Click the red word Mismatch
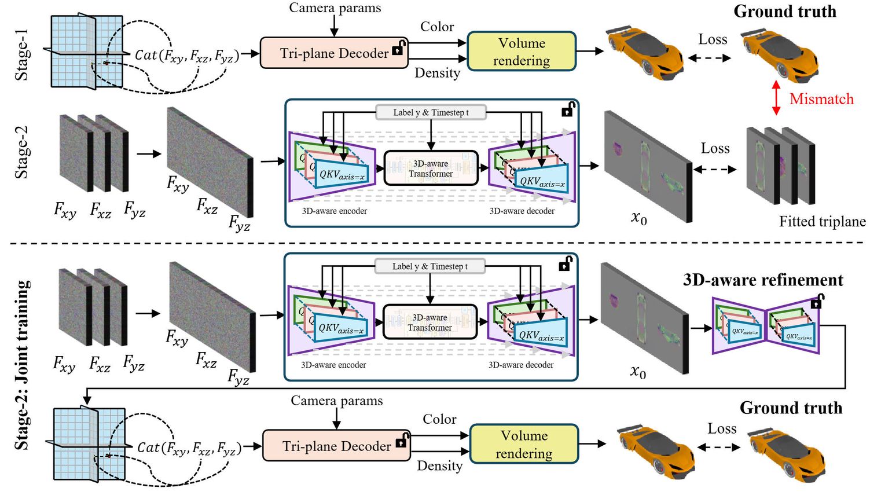821,99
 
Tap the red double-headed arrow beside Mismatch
776,98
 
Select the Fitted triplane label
822,222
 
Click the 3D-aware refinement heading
763,280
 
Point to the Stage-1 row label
21,55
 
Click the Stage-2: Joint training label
22,365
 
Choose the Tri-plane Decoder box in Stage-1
334,53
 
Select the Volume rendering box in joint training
524,444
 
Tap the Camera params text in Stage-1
335,8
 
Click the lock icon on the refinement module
817,302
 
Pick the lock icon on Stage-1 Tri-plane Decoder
398,49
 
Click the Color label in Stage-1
437,27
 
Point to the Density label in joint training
440,466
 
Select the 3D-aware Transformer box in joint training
430,322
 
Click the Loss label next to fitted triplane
715,149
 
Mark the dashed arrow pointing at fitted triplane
715,170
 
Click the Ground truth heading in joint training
791,408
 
